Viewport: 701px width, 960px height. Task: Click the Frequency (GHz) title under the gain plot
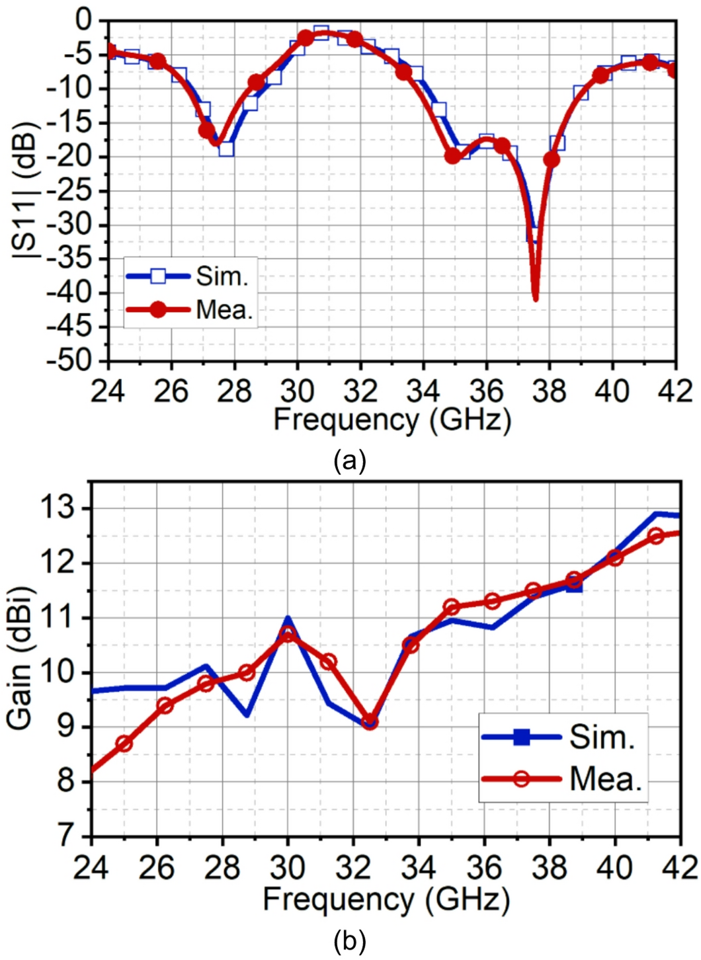(386, 899)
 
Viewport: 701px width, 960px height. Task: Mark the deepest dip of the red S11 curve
(535, 299)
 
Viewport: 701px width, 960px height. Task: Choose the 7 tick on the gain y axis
(71, 836)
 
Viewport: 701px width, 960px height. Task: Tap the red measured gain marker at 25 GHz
(124, 744)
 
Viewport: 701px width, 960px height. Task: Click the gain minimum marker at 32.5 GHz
(370, 722)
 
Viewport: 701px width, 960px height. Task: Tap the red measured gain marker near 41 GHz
(655, 536)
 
